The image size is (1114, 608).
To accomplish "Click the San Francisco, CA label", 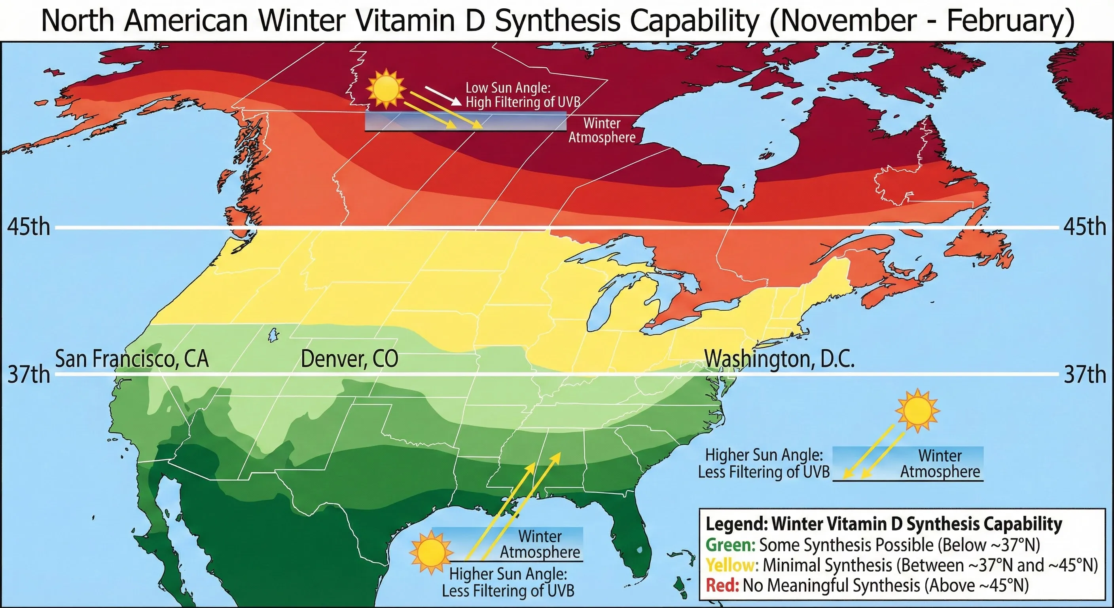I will [x=132, y=359].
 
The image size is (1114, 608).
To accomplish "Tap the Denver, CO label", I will [x=349, y=359].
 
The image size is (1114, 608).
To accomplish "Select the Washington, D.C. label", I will [x=779, y=359].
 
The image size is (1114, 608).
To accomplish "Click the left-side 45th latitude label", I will [x=28, y=227].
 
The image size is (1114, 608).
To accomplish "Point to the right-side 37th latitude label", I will [x=1085, y=374].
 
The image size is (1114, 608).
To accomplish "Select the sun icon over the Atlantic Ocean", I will [x=917, y=410].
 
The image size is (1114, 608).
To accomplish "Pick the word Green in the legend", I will [x=730, y=545].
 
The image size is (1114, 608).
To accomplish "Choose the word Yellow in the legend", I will [x=731, y=565].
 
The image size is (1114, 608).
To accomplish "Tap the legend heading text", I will [x=883, y=524].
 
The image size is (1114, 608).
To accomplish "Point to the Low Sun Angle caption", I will [x=522, y=95].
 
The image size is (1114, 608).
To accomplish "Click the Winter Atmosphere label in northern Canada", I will [x=602, y=130].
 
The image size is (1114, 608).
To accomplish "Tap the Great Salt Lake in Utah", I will [x=273, y=335].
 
